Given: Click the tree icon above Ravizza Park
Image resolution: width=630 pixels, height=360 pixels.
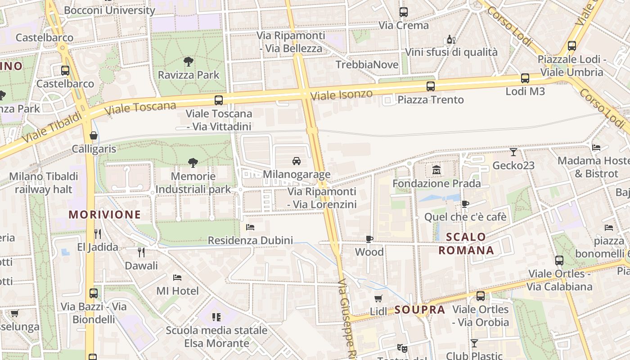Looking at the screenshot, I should click(188, 61).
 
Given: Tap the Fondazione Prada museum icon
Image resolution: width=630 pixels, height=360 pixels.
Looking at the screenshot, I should click(436, 170).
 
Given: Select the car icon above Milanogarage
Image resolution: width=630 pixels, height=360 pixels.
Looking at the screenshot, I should click(296, 161).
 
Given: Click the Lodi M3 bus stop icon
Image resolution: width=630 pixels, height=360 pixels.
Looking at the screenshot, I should click(525, 78).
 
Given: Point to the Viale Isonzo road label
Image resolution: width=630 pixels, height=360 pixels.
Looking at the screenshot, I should click(342, 95).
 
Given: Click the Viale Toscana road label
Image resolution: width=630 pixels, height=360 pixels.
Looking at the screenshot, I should click(140, 108).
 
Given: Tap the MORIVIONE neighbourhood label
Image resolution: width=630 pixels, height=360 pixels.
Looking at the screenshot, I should click(105, 215).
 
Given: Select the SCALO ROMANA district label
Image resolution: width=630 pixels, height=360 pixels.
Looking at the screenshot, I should click(466, 243).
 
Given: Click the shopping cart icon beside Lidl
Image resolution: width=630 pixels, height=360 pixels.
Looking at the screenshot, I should click(378, 298).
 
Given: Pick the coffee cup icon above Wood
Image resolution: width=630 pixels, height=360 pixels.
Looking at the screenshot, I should click(369, 239).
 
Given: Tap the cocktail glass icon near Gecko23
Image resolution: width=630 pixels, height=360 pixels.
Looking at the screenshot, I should click(513, 152).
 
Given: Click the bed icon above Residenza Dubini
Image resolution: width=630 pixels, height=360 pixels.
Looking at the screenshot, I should click(250, 227).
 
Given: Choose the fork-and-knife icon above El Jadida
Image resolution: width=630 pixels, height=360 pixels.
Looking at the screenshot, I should click(97, 234).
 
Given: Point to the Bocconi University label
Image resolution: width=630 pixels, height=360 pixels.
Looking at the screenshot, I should click(109, 10).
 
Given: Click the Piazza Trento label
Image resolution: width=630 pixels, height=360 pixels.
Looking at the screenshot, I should click(430, 99).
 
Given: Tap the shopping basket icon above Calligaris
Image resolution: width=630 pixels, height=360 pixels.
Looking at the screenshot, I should click(94, 135).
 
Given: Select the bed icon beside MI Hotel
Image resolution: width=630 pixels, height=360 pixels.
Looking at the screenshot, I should click(177, 277).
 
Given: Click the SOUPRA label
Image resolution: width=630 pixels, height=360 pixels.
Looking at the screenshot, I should click(420, 310).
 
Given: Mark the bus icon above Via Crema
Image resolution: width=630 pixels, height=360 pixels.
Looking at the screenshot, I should click(404, 12).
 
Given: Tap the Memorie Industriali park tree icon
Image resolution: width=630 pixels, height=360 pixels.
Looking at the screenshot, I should click(193, 162).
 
